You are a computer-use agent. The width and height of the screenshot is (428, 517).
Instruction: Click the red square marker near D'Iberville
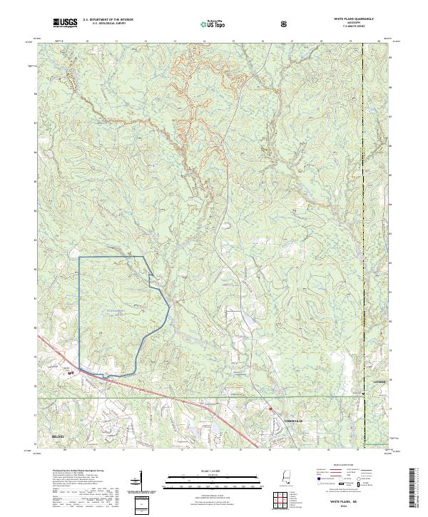(271, 409)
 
